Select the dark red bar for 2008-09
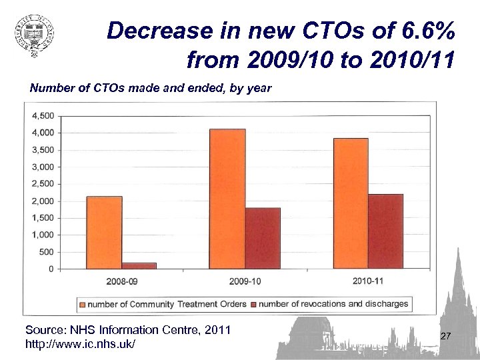click(x=139, y=265)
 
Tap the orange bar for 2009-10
click(x=227, y=199)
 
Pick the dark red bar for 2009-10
click(x=263, y=238)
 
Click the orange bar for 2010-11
click(x=351, y=203)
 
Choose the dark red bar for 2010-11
click(x=385, y=231)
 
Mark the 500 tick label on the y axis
click(x=47, y=252)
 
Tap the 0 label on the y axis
click(x=51, y=269)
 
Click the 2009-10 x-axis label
click(x=245, y=281)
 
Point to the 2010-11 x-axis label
click(x=368, y=281)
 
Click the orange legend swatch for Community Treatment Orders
click(x=83, y=305)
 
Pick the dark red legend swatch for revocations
click(x=253, y=305)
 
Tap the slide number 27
click(x=446, y=337)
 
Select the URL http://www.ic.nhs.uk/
click(x=80, y=344)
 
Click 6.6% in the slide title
click(x=423, y=31)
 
